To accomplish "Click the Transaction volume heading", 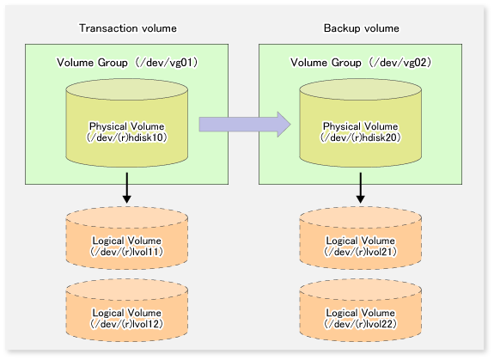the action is point(128,28).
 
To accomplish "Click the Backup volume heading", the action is point(362,28).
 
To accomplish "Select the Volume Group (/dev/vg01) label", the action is point(127,63).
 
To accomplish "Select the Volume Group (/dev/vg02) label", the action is point(361,63).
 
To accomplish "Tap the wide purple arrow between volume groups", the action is point(245,125).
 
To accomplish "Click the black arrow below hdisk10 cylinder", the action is point(127,187).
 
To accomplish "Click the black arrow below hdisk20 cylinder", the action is point(361,187).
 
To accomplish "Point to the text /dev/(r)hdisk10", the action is point(127,137).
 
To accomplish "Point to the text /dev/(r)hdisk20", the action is point(361,137).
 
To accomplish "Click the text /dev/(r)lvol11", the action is point(127,252).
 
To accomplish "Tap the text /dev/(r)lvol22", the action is point(361,324).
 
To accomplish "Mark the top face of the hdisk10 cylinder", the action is point(127,89).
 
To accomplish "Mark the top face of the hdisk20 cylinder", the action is point(361,89).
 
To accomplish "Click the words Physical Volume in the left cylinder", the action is point(127,126).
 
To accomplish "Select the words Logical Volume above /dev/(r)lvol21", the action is point(361,241).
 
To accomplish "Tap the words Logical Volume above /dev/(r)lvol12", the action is point(127,313).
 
